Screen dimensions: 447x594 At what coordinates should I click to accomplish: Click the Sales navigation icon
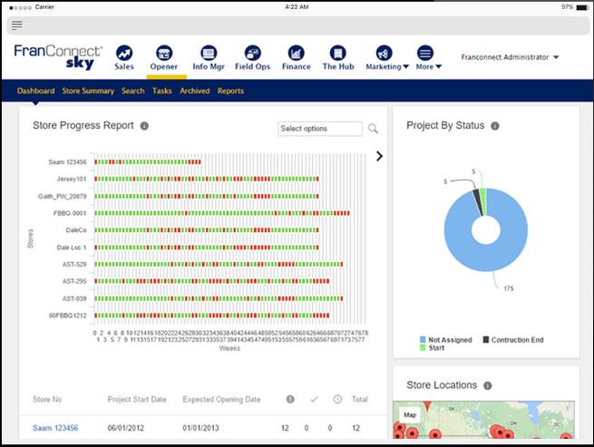(124, 53)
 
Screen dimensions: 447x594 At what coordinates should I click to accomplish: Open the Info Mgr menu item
(209, 53)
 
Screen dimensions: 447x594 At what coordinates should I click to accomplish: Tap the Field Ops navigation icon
(253, 53)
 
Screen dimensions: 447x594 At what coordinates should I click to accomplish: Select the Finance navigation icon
(296, 53)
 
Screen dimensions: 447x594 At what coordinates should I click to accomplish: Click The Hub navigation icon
(338, 53)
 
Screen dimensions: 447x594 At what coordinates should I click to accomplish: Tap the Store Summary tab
(88, 91)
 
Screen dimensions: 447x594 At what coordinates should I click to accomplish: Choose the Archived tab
(194, 91)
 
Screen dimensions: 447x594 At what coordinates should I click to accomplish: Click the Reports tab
(230, 91)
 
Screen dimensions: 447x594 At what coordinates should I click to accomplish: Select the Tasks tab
(162, 91)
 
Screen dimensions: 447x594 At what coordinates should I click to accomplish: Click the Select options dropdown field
(320, 129)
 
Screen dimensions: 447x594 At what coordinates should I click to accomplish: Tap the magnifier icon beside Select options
(373, 129)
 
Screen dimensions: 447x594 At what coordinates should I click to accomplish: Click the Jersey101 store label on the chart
(71, 179)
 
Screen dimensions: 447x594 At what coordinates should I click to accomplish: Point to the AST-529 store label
(74, 264)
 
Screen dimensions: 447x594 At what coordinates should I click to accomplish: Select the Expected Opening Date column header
(221, 399)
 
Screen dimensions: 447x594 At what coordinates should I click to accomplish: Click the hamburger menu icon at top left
(17, 24)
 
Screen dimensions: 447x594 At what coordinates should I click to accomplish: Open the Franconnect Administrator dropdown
(510, 57)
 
